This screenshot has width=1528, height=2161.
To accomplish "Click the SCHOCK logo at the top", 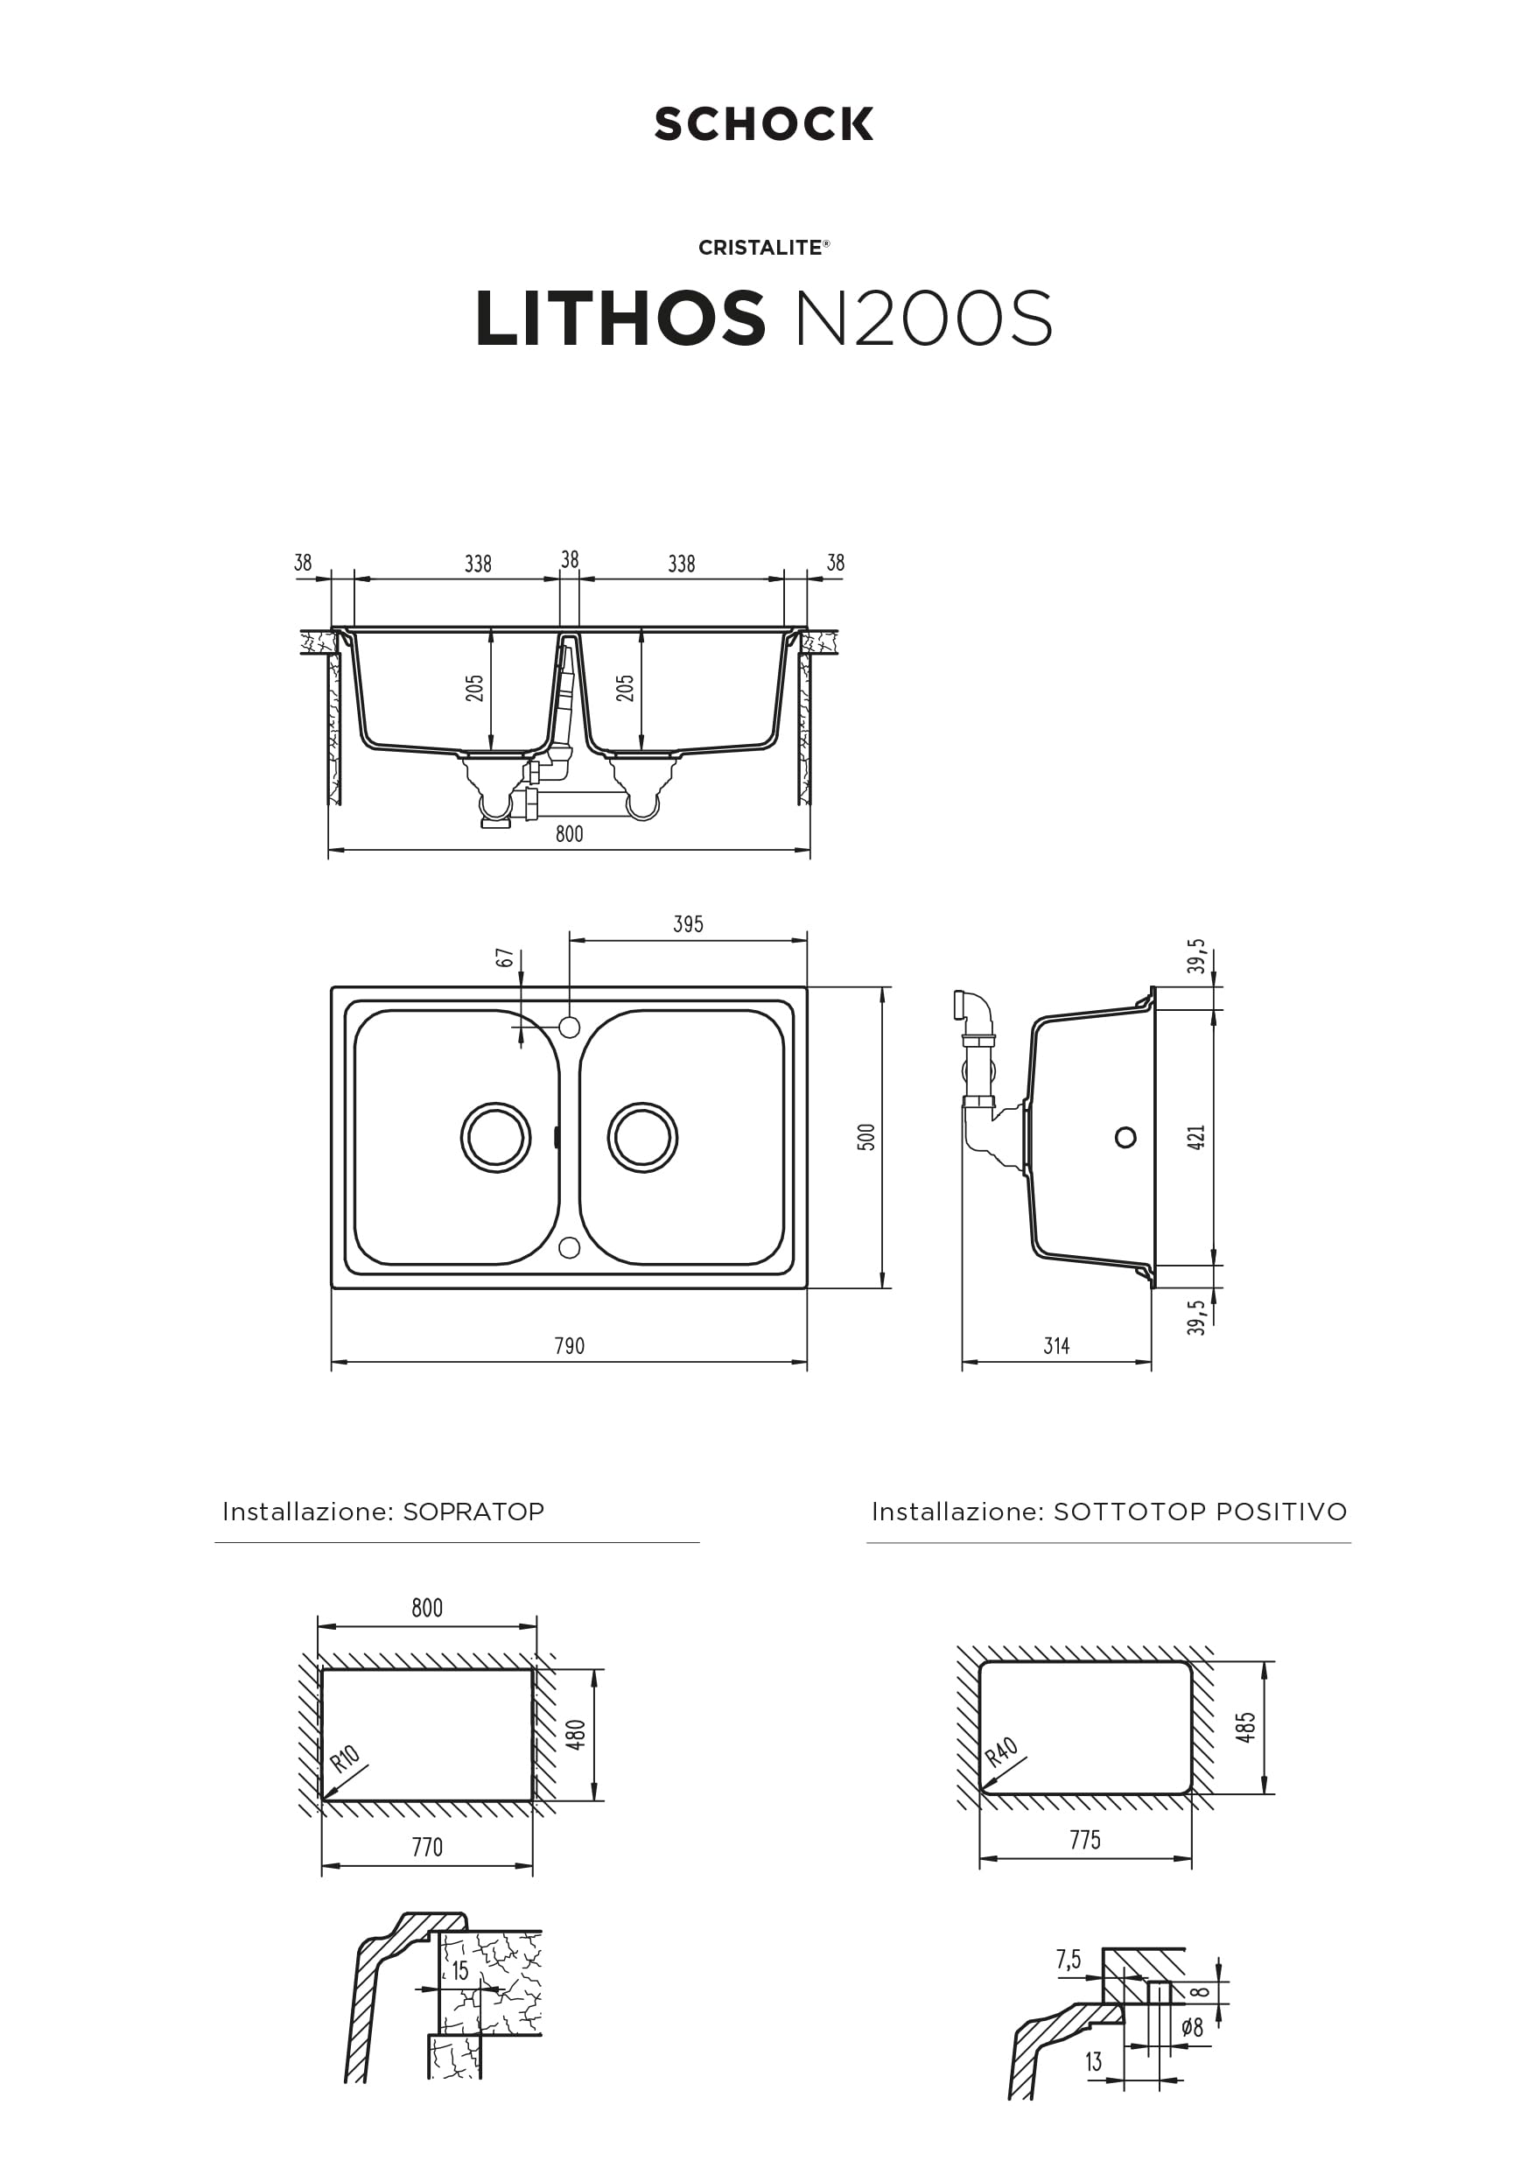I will pyautogui.click(x=763, y=124).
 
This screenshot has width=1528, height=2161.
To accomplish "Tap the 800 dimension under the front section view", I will pyautogui.click(x=569, y=834).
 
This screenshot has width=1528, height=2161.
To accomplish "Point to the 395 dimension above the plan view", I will pyautogui.click(x=688, y=924).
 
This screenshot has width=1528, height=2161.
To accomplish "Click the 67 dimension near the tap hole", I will pyautogui.click(x=504, y=958).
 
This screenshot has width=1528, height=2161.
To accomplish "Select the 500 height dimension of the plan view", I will pyautogui.click(x=866, y=1137).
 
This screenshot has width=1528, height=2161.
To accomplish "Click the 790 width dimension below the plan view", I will pyautogui.click(x=569, y=1346).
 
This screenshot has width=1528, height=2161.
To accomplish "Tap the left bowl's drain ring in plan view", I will pyautogui.click(x=496, y=1137).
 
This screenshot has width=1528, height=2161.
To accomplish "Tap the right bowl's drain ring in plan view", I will pyautogui.click(x=642, y=1137).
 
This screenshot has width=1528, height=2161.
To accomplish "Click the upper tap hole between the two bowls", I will pyautogui.click(x=569, y=1027).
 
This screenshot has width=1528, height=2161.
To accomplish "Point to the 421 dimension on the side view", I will pyautogui.click(x=1195, y=1137).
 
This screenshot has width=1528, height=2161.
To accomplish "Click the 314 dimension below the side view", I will pyautogui.click(x=1056, y=1346).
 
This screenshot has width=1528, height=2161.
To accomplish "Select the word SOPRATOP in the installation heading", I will pyautogui.click(x=473, y=1512).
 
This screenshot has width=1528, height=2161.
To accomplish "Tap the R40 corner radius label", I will pyautogui.click(x=1001, y=1751).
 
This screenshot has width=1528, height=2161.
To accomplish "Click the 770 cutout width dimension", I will pyautogui.click(x=427, y=1848).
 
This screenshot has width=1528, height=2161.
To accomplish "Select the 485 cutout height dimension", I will pyautogui.click(x=1245, y=1728).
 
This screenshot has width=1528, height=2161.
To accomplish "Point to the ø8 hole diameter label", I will pyautogui.click(x=1192, y=2028).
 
